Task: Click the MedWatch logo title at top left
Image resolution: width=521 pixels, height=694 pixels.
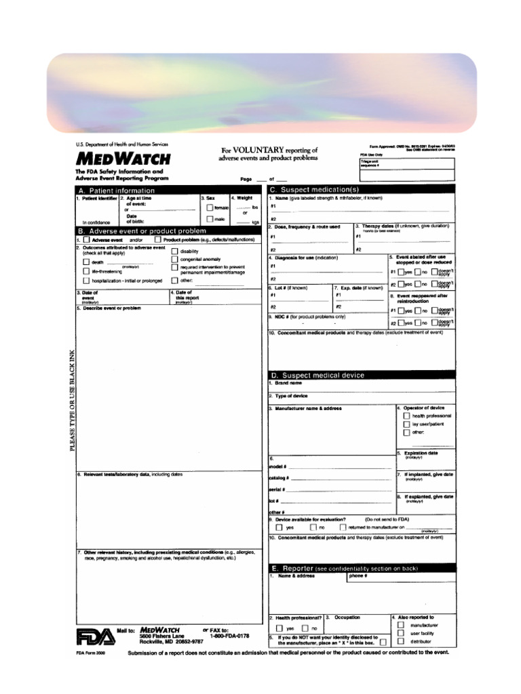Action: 123,160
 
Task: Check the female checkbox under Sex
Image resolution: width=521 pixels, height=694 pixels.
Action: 210,208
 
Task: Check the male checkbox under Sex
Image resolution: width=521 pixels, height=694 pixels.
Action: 210,220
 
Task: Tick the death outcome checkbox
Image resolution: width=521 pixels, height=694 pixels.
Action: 86,262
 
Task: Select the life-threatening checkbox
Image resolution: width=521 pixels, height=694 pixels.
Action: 86,271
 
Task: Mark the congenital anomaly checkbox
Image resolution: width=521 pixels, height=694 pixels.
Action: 175,260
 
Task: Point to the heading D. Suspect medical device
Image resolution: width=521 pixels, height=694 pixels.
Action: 317,375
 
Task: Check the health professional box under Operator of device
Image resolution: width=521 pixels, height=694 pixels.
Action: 406,416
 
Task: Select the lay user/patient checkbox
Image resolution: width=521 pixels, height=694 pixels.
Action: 406,424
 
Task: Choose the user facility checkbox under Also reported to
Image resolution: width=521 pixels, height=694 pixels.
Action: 400,633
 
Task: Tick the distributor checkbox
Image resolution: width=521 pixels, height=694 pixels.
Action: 400,641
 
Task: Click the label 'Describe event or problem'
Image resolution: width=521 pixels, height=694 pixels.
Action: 112,308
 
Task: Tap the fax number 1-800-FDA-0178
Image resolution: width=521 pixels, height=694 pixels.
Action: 230,636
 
